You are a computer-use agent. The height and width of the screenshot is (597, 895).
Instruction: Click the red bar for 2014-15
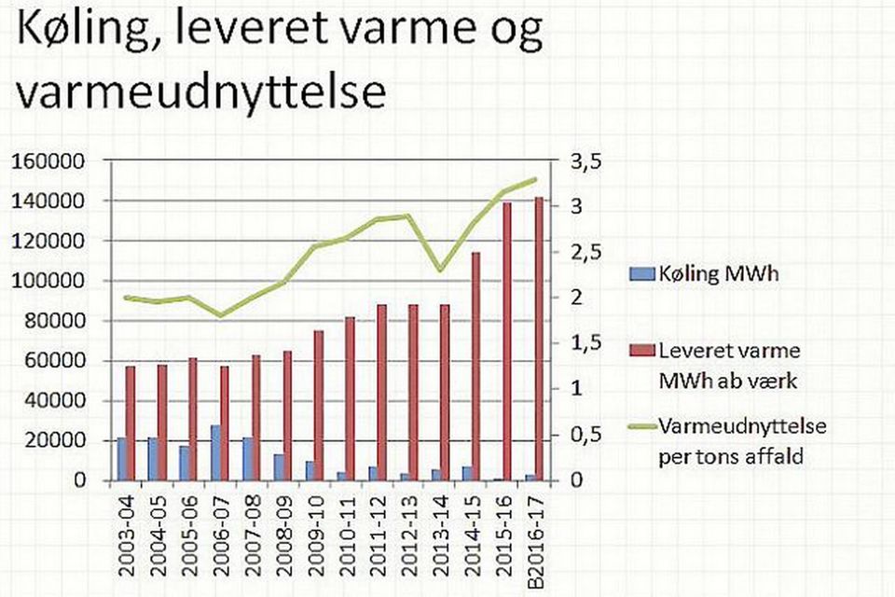475,367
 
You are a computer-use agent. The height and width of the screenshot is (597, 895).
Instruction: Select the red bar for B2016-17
538,339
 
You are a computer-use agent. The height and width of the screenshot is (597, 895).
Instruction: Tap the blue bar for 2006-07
215,452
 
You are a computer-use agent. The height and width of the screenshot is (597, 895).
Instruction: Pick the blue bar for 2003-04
121,459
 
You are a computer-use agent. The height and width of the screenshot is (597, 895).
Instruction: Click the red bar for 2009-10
319,406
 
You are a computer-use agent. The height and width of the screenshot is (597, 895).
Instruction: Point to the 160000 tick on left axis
48,161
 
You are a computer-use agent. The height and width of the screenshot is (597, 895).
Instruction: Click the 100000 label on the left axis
48,281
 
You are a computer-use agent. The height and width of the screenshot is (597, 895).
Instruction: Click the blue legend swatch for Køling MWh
642,274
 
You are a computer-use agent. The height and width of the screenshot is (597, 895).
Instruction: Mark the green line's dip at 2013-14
439,271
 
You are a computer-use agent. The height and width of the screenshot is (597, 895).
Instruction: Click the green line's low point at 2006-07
221,315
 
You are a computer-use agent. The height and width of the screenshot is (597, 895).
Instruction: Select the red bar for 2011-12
381,393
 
